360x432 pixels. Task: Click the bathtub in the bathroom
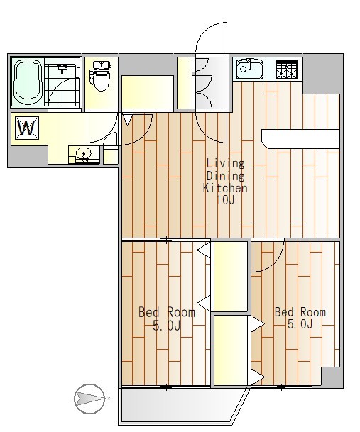coord(28,82)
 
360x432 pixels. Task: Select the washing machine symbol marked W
coord(27,128)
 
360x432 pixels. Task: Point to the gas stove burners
coord(287,70)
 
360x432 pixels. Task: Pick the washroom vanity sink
coord(84,155)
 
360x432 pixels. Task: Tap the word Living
coord(225,163)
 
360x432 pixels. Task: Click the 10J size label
coord(225,200)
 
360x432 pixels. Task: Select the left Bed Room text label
coord(167,312)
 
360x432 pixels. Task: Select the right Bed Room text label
coord(300,312)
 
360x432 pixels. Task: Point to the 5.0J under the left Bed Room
coord(167,326)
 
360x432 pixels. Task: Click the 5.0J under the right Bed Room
coord(300,324)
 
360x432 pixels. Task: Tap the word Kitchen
coord(225,188)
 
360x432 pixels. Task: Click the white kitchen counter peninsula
coord(300,139)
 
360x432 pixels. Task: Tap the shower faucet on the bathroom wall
coord(62,67)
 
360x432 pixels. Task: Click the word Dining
coord(225,176)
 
